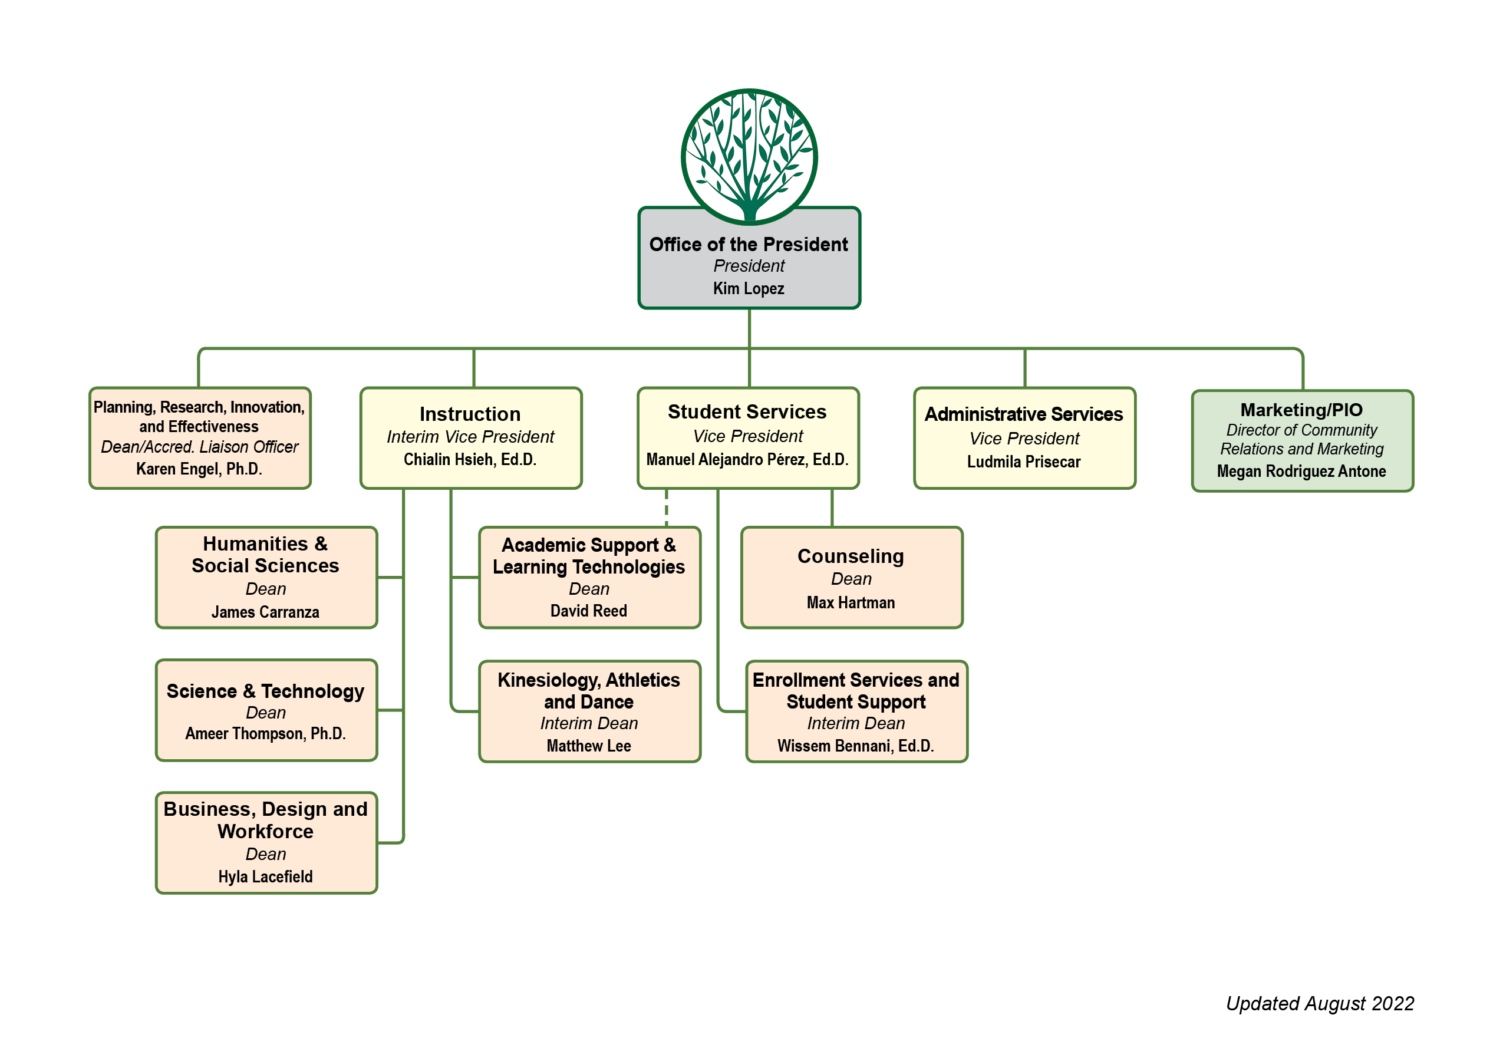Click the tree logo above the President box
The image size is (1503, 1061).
pos(749,156)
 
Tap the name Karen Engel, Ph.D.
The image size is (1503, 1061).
pos(199,469)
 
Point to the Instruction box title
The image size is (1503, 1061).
pos(470,414)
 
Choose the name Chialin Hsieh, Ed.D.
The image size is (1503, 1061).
pos(470,460)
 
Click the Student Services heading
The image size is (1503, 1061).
pos(747,411)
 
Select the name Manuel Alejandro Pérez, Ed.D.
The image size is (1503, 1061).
pos(747,460)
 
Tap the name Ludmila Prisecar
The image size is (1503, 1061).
pos(1024,462)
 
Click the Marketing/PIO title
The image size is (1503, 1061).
pos(1301,410)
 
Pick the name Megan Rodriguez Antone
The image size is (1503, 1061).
pos(1301,472)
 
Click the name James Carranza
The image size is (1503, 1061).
pos(265,612)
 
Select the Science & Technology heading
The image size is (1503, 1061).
pos(265,691)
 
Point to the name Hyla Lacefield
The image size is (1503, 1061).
pos(265,877)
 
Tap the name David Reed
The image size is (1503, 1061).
pos(588,611)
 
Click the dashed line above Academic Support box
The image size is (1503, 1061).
pos(667,508)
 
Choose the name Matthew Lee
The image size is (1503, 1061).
pos(588,746)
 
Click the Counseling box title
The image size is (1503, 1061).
pos(851,556)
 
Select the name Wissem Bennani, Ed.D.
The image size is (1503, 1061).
pos(856,746)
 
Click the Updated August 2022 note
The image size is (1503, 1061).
pos(1320,1004)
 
